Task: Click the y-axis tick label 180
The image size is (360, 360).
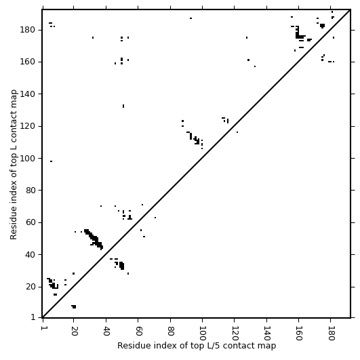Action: pos(27,30)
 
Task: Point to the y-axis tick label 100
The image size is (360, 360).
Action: pos(27,159)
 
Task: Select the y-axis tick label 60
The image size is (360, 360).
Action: pos(30,222)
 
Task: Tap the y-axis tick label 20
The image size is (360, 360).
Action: pos(30,287)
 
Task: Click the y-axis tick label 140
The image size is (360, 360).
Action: pos(27,94)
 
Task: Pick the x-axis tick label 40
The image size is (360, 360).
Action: pos(106,331)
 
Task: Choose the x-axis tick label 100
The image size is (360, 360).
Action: pos(202,333)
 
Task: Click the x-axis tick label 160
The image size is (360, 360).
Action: pos(298,333)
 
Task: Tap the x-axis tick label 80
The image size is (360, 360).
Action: pos(170,331)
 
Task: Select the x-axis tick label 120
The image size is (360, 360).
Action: pos(235,333)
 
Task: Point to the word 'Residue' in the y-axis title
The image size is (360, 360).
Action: pos(14,225)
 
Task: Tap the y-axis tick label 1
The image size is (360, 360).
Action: pos(33,317)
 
